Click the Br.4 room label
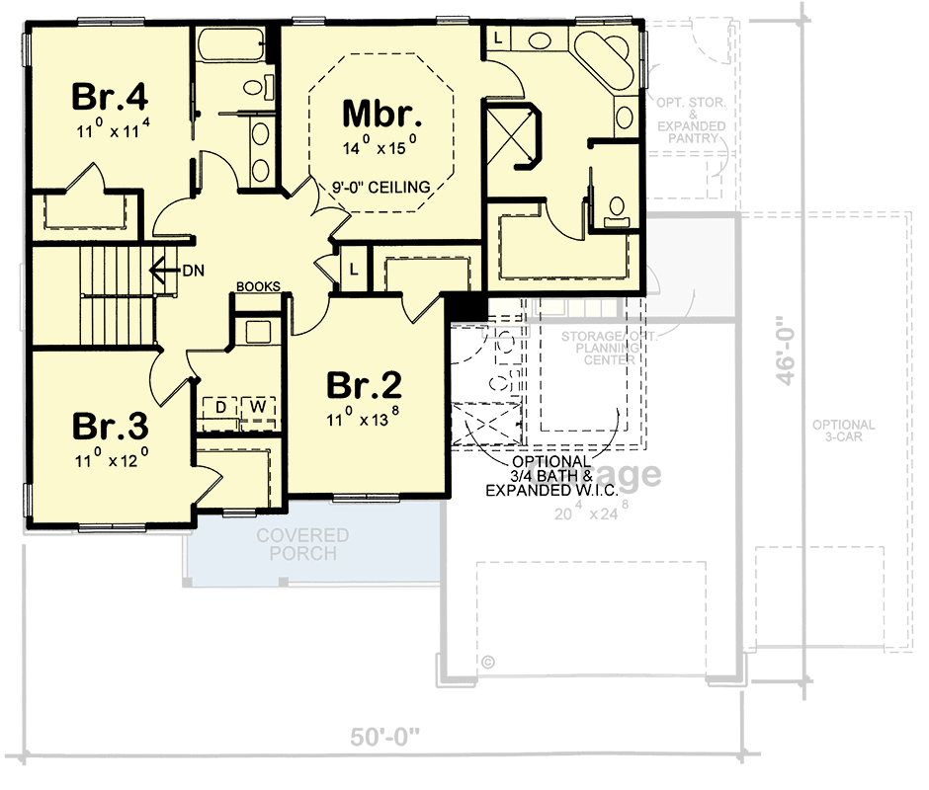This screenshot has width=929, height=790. click(x=110, y=98)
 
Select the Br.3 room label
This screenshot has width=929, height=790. click(x=110, y=427)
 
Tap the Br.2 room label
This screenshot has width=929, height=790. click(x=365, y=384)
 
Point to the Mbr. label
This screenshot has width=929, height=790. click(x=382, y=114)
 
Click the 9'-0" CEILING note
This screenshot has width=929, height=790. click(x=381, y=187)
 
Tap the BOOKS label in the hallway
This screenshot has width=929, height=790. click(x=258, y=287)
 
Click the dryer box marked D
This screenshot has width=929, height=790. click(x=220, y=406)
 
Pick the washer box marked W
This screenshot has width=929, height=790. click(x=256, y=406)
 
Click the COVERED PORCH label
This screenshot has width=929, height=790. click(x=302, y=544)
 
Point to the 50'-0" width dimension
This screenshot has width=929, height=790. click(x=384, y=737)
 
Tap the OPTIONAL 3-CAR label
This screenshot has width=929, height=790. click(x=843, y=431)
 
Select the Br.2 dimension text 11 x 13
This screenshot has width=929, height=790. click(x=365, y=419)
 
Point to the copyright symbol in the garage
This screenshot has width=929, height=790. click(x=487, y=662)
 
